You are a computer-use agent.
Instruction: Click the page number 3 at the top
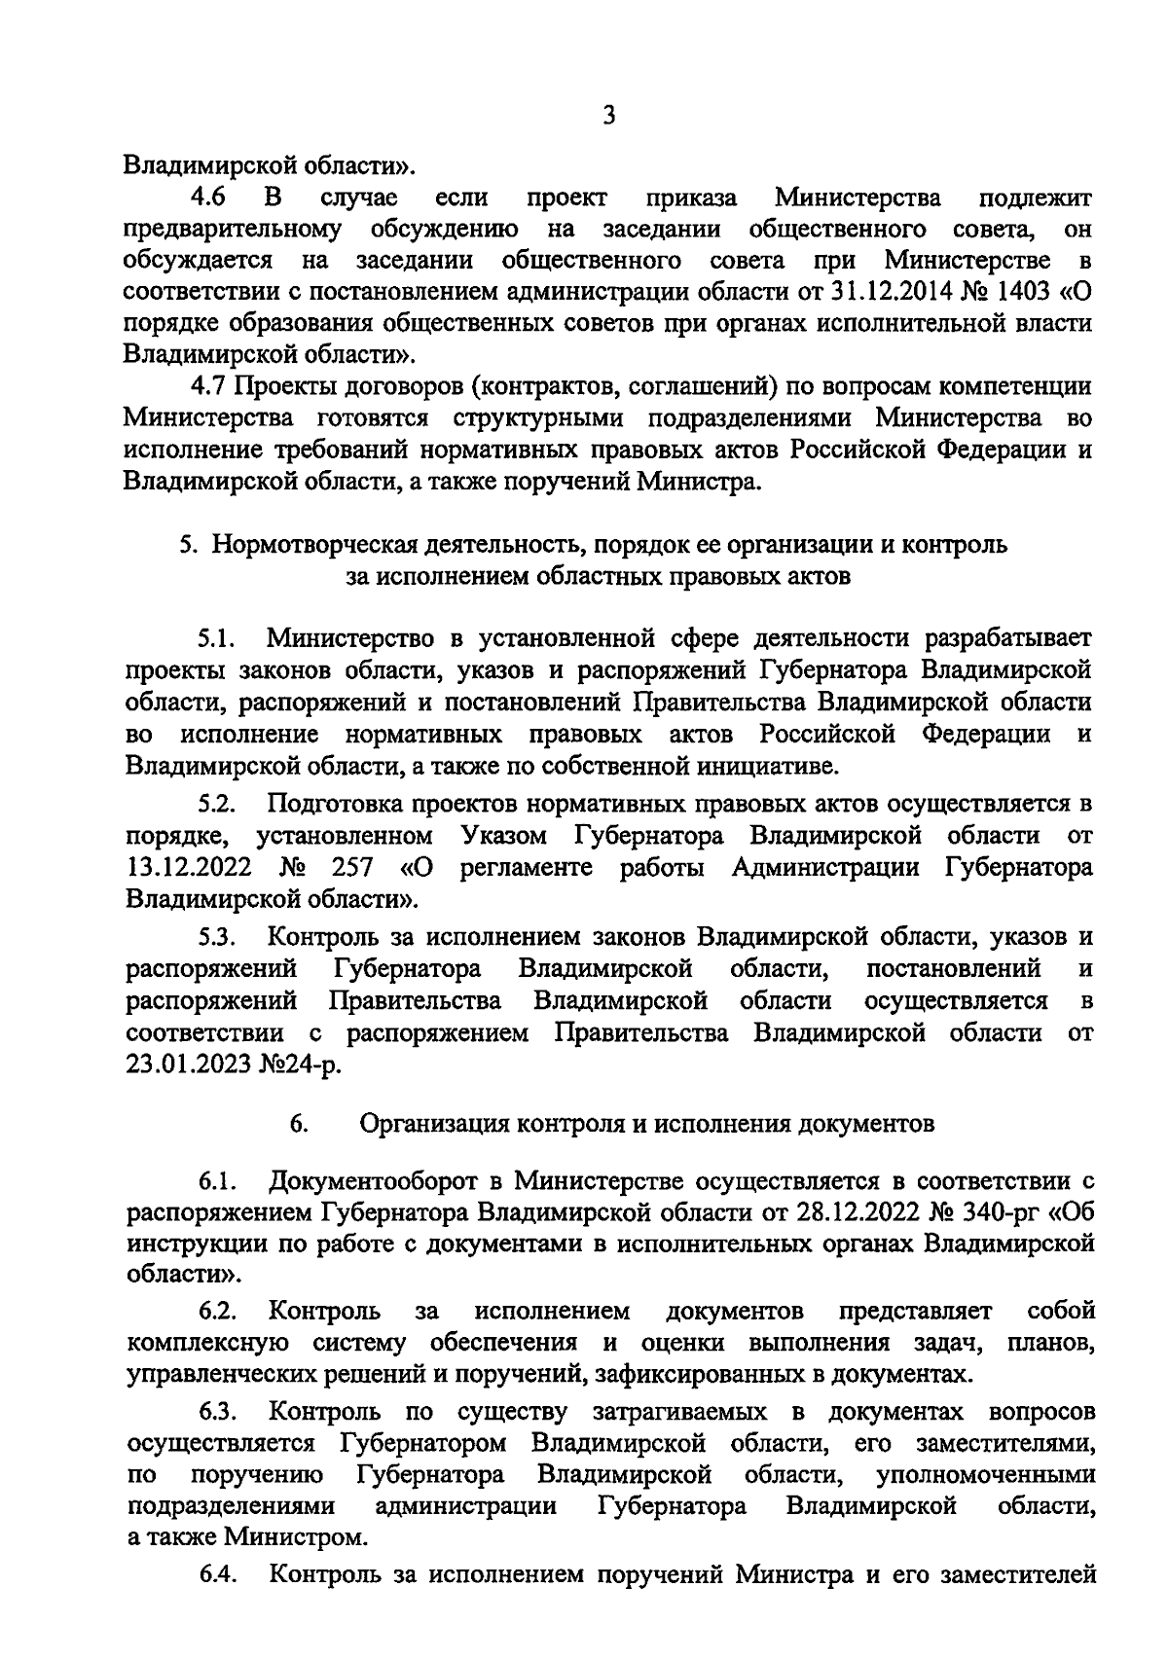coord(608,116)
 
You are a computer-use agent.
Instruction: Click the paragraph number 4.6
coord(208,198)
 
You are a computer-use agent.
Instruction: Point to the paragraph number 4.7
coord(208,385)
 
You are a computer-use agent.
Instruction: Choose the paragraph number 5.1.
coord(215,638)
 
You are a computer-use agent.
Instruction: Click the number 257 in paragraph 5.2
coord(352,867)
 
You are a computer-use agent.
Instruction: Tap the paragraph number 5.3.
coord(215,937)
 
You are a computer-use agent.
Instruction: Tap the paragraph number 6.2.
coord(217,1311)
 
